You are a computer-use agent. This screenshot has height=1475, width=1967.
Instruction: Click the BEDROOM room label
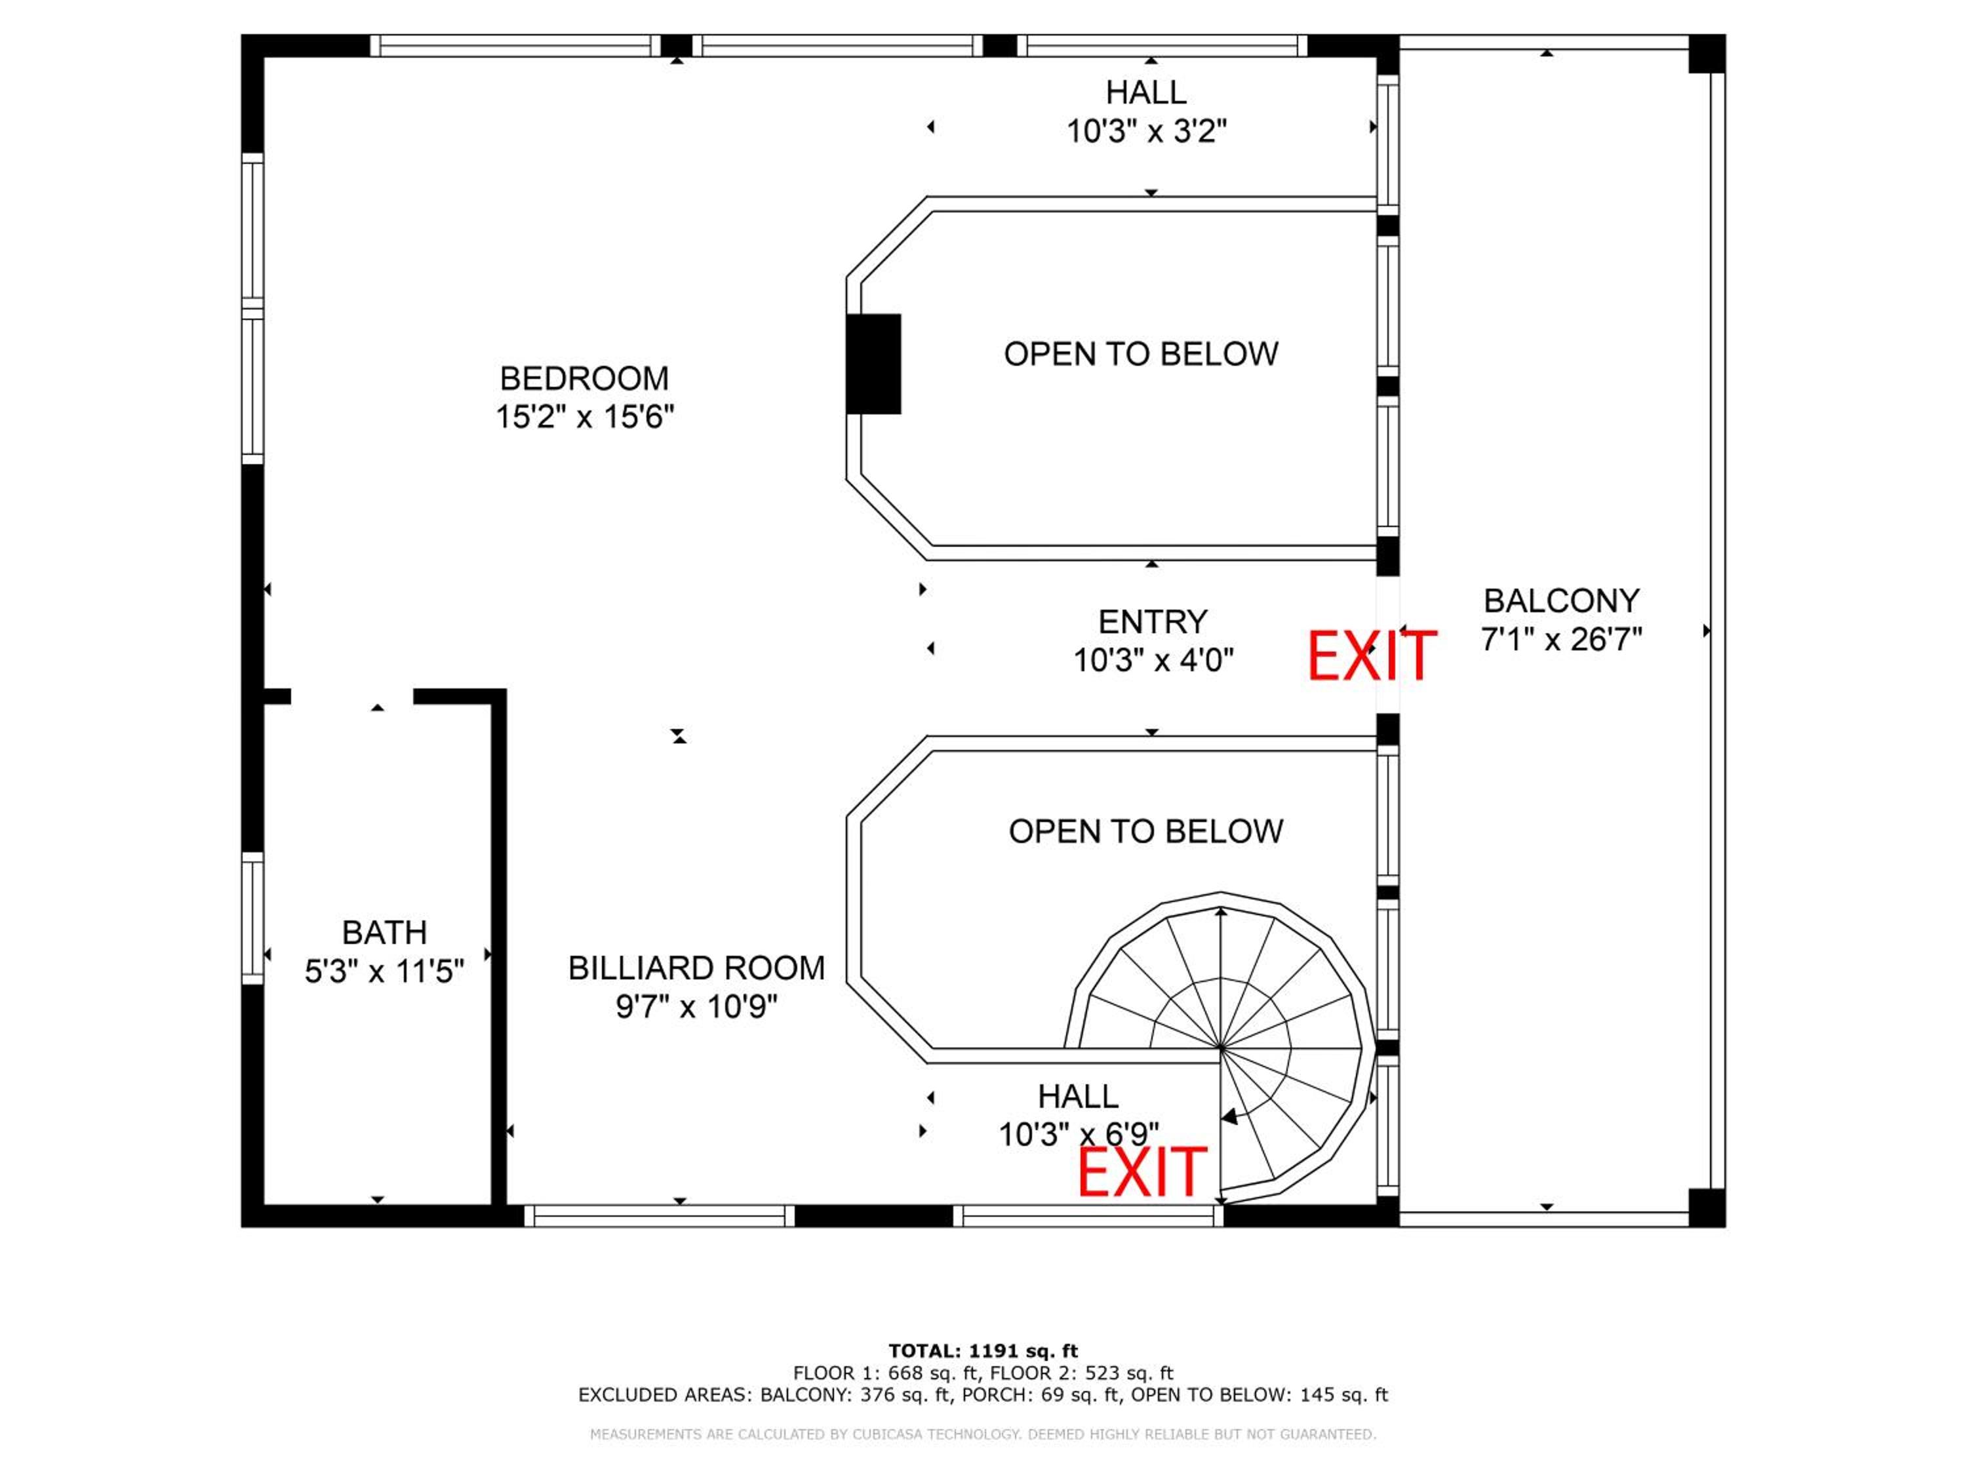(x=584, y=379)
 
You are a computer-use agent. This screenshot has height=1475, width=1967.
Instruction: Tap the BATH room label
(x=384, y=933)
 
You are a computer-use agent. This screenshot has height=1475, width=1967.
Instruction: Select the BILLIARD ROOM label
(x=696, y=968)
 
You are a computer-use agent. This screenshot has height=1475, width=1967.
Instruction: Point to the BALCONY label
(x=1562, y=601)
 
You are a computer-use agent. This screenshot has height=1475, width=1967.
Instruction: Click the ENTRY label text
(x=1153, y=621)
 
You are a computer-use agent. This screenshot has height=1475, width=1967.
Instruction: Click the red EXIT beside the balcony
(x=1371, y=656)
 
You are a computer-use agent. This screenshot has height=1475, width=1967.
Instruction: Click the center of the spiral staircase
(x=1221, y=1049)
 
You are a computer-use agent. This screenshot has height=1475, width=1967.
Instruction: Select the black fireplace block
(x=873, y=364)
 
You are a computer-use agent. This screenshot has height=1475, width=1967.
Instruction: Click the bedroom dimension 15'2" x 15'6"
(x=584, y=417)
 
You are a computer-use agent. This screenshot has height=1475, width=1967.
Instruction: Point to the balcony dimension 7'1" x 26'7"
(x=1562, y=639)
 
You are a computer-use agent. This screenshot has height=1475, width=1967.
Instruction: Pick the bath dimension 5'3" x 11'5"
(x=384, y=972)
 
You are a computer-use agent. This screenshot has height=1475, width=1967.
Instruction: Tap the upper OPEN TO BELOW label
(x=1141, y=354)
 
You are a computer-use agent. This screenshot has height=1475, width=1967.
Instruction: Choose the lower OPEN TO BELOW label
(x=1145, y=831)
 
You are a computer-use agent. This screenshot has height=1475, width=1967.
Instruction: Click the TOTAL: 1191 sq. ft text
(x=983, y=1351)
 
